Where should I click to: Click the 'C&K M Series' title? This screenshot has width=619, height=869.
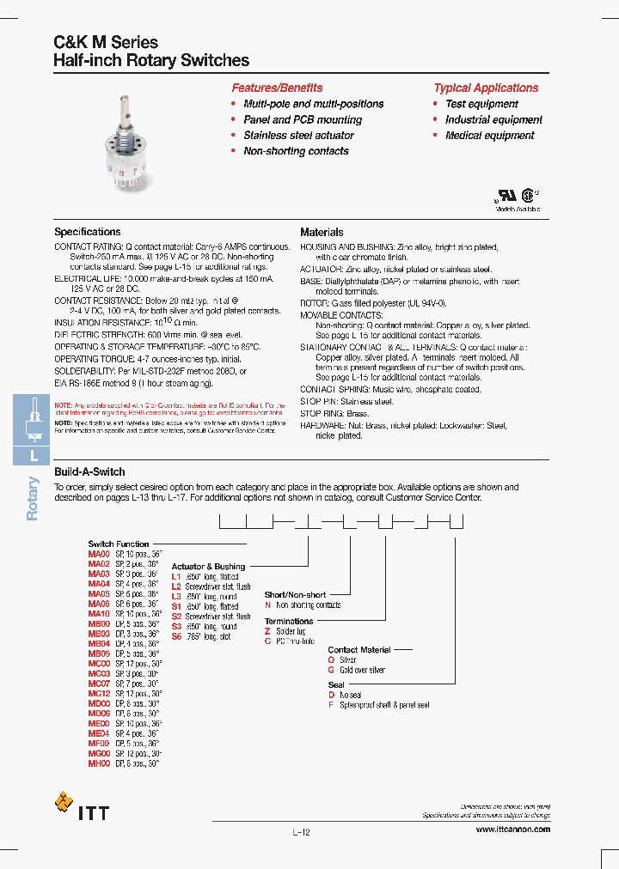click(x=106, y=42)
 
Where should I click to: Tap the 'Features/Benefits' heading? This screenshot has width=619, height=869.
click(x=277, y=88)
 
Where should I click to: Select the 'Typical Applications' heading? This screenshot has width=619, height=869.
click(x=486, y=88)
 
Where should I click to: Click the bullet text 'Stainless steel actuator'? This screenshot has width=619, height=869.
click(x=298, y=136)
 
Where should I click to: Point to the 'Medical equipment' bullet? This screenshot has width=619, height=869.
click(x=489, y=136)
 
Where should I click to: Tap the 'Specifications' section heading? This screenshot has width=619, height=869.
click(x=88, y=232)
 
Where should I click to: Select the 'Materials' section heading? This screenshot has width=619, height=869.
click(x=322, y=232)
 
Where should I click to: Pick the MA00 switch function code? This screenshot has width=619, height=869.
click(x=99, y=555)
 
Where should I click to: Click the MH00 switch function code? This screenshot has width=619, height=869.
click(x=99, y=763)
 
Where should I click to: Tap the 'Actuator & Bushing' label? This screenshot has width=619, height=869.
click(x=208, y=567)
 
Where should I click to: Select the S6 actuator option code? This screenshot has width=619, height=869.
click(x=177, y=636)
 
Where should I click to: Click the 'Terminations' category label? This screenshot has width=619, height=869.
click(x=289, y=621)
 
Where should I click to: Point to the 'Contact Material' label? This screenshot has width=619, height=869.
click(x=359, y=650)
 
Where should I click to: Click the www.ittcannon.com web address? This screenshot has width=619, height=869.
click(x=512, y=829)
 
